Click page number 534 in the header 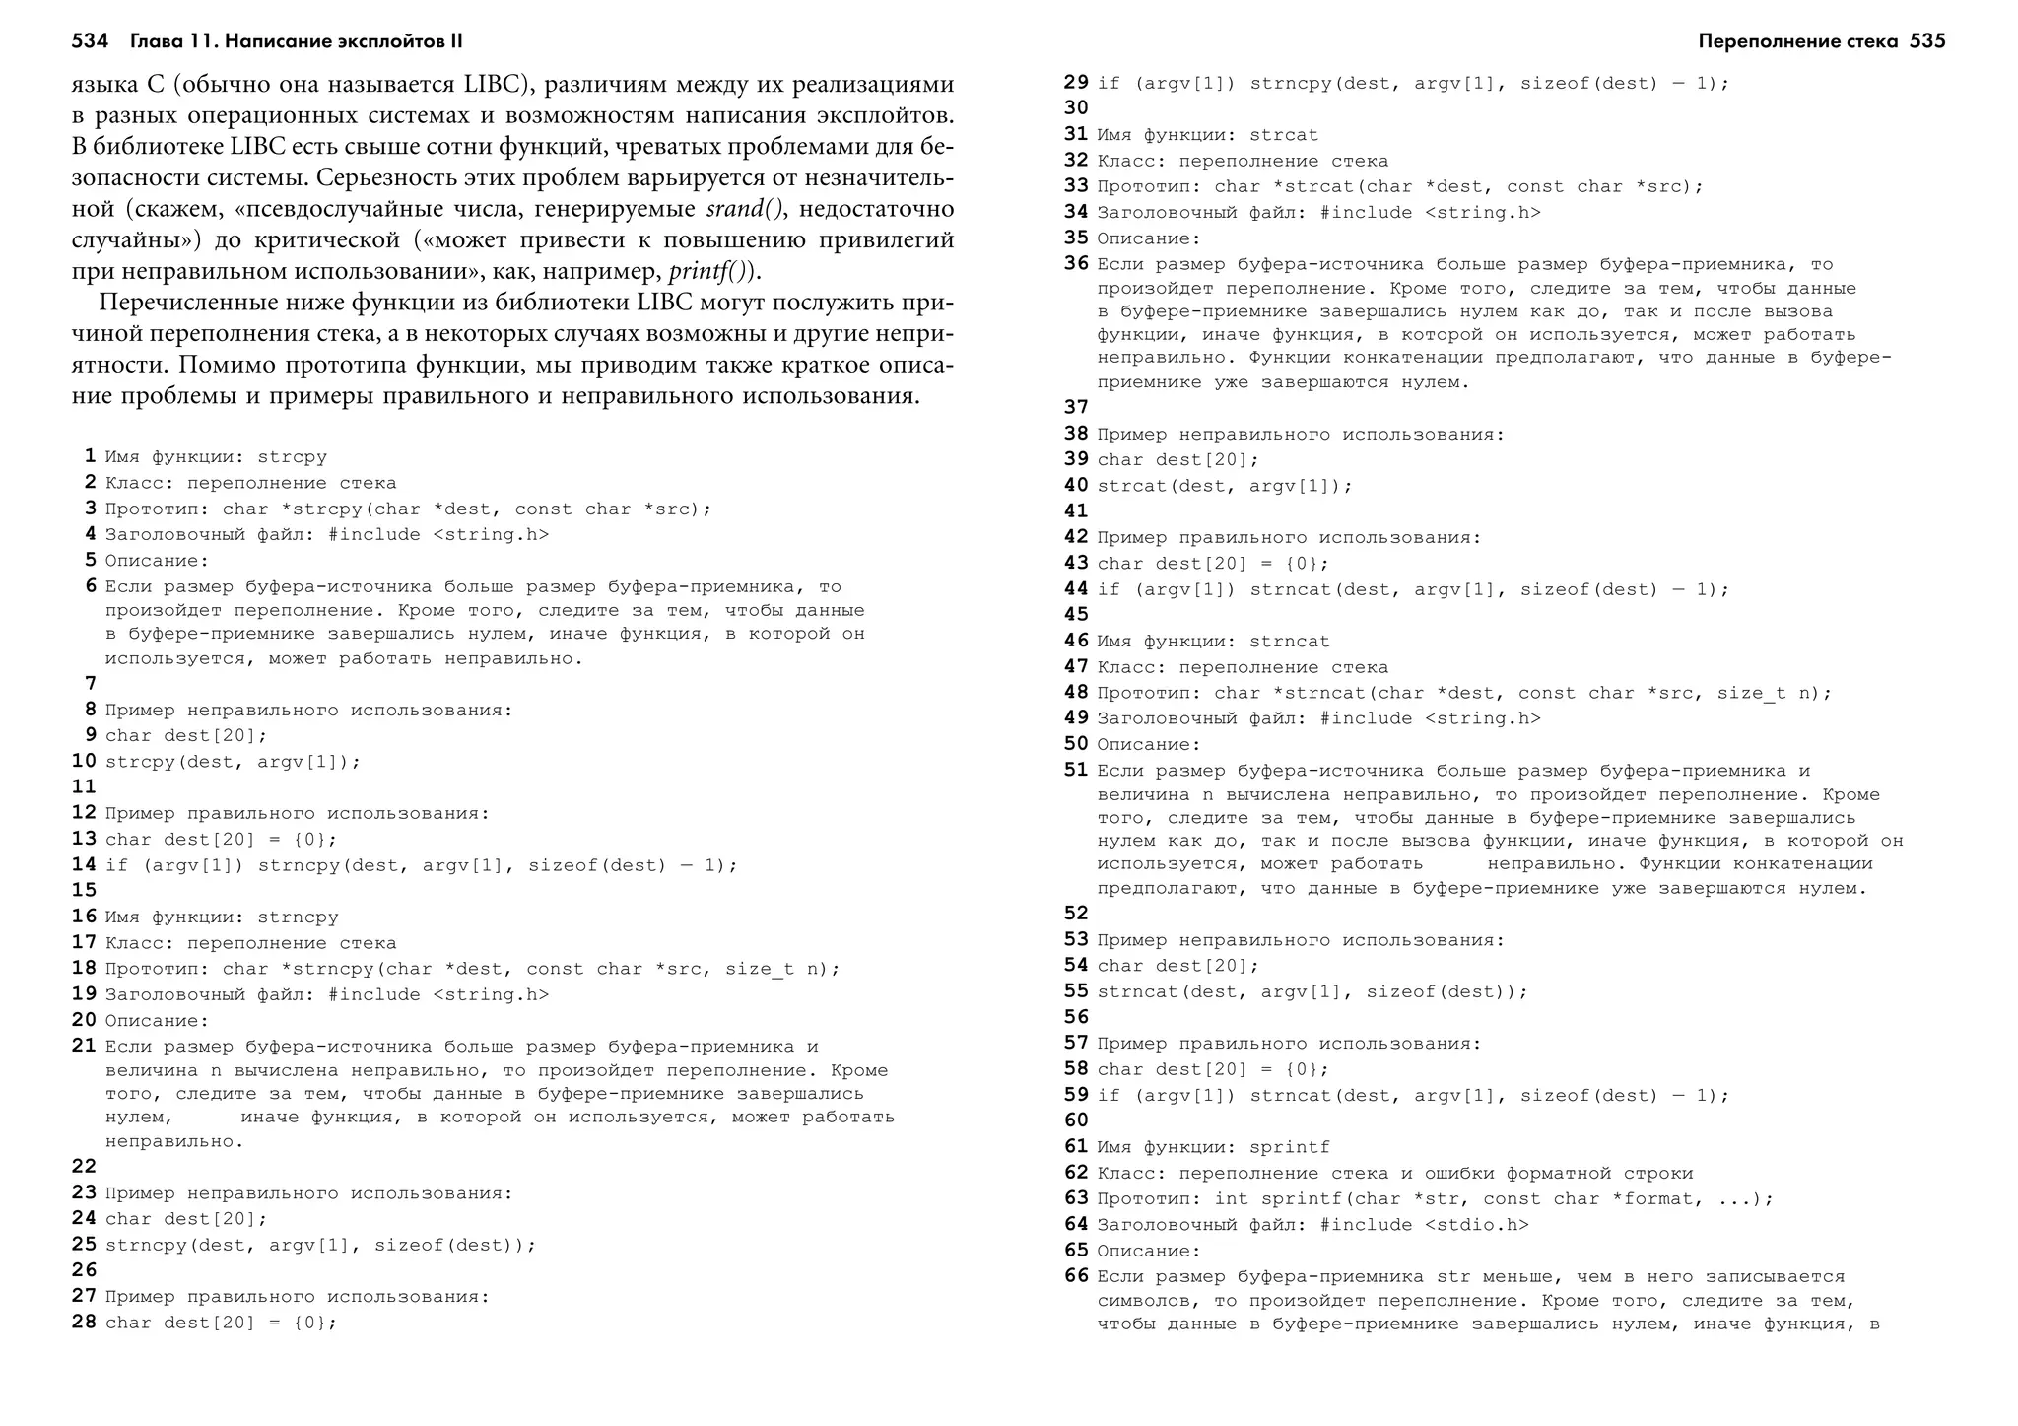pyautogui.click(x=90, y=41)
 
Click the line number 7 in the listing pyautogui.click(x=91, y=683)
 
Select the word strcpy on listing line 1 pyautogui.click(x=292, y=457)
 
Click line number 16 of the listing pyautogui.click(x=85, y=917)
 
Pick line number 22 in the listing pyautogui.click(x=85, y=1166)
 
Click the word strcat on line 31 pyautogui.click(x=1284, y=135)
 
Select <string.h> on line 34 pyautogui.click(x=1482, y=213)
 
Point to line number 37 pyautogui.click(x=1076, y=407)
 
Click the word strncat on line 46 pyautogui.click(x=1290, y=642)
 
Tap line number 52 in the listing pyautogui.click(x=1076, y=913)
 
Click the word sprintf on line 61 pyautogui.click(x=1290, y=1147)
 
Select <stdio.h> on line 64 pyautogui.click(x=1476, y=1225)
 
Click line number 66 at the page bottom pyautogui.click(x=1076, y=1276)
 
